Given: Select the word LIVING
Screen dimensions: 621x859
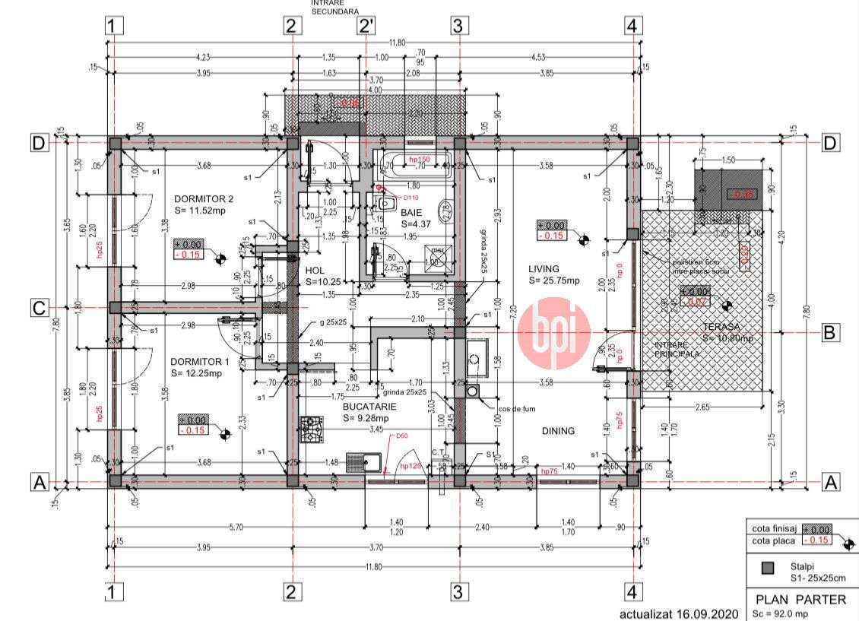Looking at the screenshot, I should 544,269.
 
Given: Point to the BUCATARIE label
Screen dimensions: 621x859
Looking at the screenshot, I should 369,407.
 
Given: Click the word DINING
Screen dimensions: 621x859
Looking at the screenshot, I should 558,431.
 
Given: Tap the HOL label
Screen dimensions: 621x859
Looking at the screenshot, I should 315,270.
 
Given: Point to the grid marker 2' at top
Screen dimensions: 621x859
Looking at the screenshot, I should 367,26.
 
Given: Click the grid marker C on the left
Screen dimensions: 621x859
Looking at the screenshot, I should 40,308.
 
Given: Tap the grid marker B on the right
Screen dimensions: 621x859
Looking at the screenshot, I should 831,331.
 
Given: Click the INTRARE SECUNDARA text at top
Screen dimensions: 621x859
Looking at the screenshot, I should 335,7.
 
